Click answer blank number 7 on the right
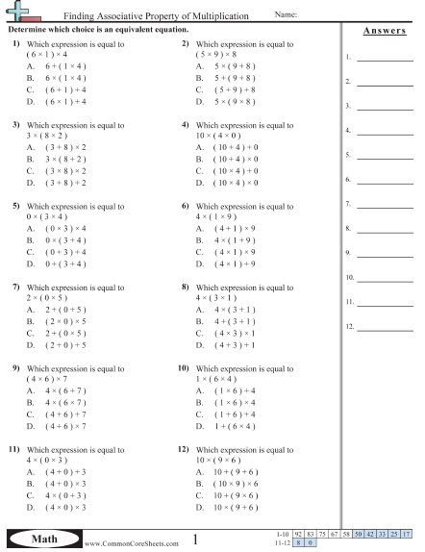[x=384, y=206]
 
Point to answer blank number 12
[x=384, y=328]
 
